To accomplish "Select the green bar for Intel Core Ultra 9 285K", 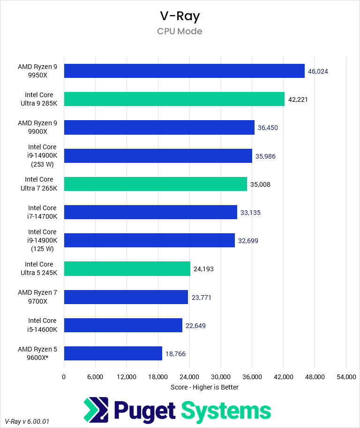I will coord(174,99).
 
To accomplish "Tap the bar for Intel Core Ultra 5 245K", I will coord(127,269).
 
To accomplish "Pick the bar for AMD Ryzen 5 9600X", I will coord(113,353).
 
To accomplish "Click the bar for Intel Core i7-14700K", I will coord(150,212).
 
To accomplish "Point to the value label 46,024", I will coord(318,71).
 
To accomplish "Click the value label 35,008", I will coord(260,184).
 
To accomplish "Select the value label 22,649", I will coord(195,326).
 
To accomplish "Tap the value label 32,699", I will coord(248,241).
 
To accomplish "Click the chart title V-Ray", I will coord(180,16).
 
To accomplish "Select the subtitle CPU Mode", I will coord(180,31).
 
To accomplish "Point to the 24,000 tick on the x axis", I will coord(189,377).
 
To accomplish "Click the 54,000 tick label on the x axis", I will coord(346,377).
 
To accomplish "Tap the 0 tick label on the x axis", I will coord(64,377).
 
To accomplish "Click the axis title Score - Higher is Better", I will coord(204,387).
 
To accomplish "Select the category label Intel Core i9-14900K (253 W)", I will coord(42,156).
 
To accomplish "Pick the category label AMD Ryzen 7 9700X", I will coord(37,297).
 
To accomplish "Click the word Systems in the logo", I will coord(226,411).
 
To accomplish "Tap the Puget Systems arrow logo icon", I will coord(96,410).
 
